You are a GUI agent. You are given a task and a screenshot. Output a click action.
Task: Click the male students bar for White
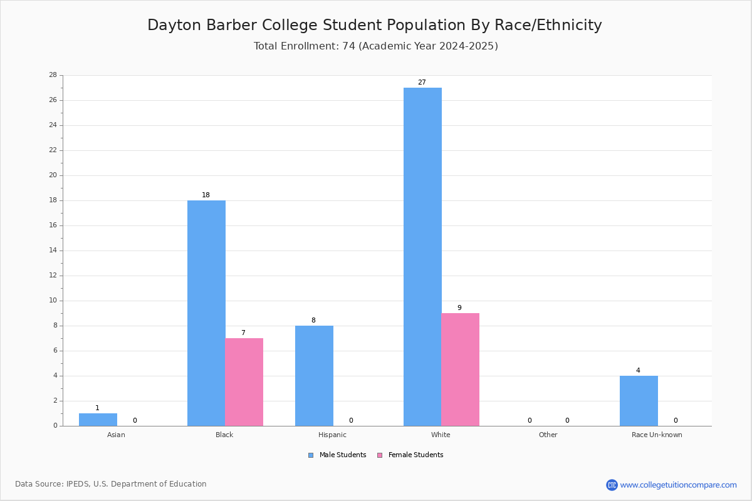(x=422, y=257)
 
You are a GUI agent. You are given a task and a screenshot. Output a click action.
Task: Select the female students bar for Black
(x=244, y=382)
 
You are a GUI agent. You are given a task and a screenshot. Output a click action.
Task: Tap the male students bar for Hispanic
(x=314, y=376)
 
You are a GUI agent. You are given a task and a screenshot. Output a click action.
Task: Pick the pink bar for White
(x=460, y=369)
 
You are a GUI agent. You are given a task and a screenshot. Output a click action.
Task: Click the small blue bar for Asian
(x=98, y=420)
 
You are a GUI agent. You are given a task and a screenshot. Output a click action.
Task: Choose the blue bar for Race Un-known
(x=639, y=401)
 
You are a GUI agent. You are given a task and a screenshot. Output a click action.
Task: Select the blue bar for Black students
(x=206, y=313)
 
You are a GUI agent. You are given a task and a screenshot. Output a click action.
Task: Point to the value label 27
(x=422, y=82)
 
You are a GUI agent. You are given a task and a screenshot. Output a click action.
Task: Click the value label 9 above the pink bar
(x=459, y=307)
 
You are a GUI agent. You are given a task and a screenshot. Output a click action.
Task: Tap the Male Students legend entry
(x=337, y=455)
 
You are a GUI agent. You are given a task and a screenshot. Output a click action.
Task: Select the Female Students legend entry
(x=410, y=455)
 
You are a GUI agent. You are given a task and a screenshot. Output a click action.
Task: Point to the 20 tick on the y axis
(x=53, y=175)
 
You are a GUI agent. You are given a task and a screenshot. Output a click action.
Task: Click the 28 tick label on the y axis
(x=53, y=75)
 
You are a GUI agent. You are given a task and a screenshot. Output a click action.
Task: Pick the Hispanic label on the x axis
(x=332, y=435)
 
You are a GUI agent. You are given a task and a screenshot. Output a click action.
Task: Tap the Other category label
(x=548, y=435)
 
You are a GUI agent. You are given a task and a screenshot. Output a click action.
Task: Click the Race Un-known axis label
(x=657, y=435)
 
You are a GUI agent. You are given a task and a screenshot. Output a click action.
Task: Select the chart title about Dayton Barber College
(x=375, y=25)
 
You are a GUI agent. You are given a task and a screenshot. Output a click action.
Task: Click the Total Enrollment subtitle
(x=375, y=46)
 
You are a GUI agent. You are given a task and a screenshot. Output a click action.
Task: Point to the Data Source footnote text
(x=111, y=484)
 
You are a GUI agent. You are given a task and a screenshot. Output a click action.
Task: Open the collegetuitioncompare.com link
(x=678, y=485)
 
